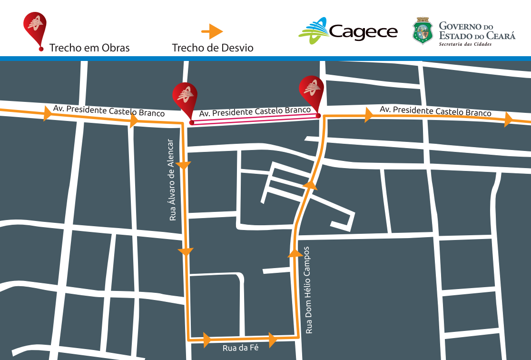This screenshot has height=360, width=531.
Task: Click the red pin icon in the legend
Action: tap(35, 29)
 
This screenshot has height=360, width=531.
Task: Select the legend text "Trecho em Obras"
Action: tap(89, 48)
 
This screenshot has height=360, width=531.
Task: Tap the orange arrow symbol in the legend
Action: tap(212, 31)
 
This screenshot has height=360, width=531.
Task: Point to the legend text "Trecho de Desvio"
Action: tap(213, 48)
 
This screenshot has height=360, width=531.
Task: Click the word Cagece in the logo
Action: tap(363, 32)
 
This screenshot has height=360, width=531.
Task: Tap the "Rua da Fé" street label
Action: tap(240, 348)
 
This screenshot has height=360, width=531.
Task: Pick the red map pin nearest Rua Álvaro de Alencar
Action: tap(185, 98)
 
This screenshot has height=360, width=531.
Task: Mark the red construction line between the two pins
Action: tap(255, 119)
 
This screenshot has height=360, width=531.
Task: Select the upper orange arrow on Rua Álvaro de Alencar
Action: tap(184, 165)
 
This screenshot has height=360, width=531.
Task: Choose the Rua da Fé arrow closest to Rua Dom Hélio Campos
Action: tap(273, 340)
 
